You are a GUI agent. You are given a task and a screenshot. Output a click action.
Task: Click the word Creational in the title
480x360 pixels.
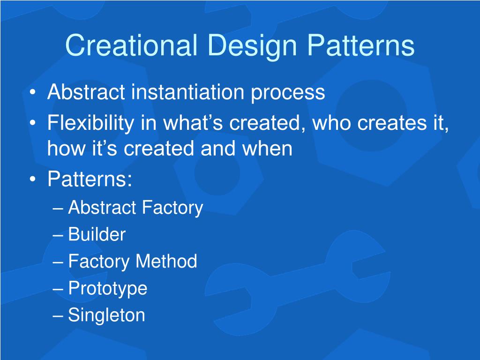click(x=131, y=45)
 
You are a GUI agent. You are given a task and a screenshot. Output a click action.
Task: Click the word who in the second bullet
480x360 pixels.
click(x=331, y=122)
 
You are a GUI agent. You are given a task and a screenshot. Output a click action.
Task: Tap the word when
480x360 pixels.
click(x=267, y=148)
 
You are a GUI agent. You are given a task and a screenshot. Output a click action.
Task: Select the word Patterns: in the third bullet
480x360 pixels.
click(x=90, y=179)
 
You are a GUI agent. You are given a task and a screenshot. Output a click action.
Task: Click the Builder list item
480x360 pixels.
click(x=97, y=234)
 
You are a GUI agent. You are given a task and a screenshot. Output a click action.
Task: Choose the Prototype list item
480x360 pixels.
click(x=107, y=289)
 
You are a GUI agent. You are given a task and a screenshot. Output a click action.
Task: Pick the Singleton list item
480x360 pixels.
click(x=106, y=315)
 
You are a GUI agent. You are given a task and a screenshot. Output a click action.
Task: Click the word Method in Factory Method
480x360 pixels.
click(x=166, y=261)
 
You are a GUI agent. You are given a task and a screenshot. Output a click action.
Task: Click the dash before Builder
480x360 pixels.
click(x=58, y=235)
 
